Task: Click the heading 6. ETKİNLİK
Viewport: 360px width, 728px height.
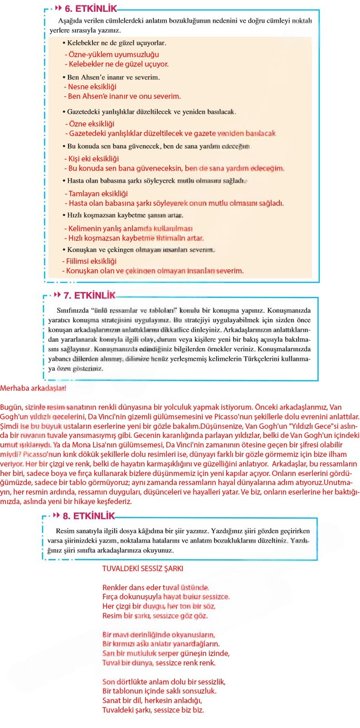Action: (x=90, y=8)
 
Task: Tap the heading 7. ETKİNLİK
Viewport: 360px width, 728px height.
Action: (x=89, y=296)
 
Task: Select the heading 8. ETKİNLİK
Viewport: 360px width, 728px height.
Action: (x=89, y=516)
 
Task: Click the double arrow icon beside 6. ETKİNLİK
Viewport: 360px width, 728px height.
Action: (x=58, y=8)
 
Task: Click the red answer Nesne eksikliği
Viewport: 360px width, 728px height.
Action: (x=92, y=87)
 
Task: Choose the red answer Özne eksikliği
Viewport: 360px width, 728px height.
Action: (x=91, y=124)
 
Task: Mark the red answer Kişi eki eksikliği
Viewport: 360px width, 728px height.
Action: (x=93, y=159)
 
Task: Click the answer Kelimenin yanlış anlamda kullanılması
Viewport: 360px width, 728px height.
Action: (x=130, y=228)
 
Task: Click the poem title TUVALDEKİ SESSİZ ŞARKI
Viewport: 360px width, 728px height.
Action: (x=143, y=568)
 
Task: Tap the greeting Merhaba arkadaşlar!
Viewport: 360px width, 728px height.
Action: (x=33, y=388)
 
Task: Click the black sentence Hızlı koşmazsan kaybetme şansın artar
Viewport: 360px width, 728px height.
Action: (x=125, y=215)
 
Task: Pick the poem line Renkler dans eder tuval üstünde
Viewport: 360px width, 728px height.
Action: (x=156, y=587)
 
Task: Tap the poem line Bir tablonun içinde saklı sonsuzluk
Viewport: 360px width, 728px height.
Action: (x=159, y=691)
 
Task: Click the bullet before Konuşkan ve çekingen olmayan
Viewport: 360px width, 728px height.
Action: (x=64, y=250)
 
